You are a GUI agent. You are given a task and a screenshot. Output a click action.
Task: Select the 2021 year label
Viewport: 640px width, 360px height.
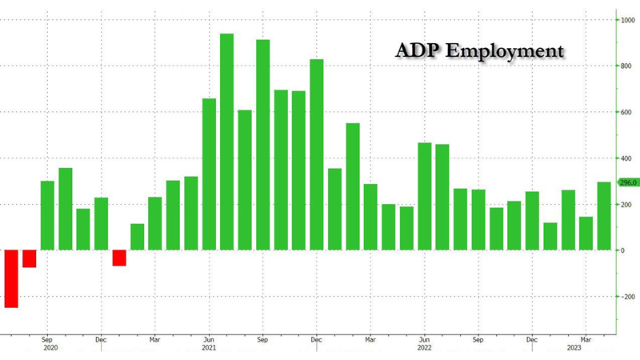coord(209,348)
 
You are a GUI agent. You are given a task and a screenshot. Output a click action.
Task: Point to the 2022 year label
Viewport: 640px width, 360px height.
coord(424,348)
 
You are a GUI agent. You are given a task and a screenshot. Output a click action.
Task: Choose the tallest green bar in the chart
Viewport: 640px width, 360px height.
coord(226,142)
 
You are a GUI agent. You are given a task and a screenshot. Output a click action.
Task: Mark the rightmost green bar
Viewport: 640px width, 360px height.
coord(604,216)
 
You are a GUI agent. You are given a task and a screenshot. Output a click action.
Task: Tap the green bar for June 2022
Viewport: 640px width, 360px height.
coord(424,196)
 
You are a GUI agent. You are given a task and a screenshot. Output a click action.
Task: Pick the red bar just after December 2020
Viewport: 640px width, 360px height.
coord(119,258)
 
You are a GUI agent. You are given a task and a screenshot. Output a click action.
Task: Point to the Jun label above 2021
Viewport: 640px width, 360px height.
coord(209,338)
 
